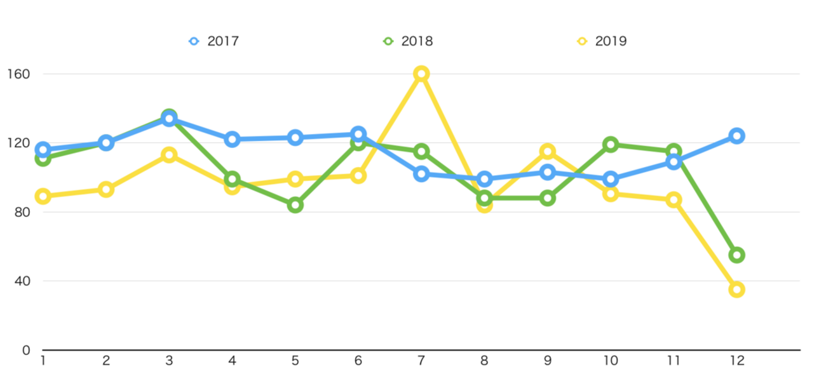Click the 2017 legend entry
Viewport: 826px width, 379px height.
pyautogui.click(x=214, y=41)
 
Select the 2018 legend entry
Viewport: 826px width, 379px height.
pyautogui.click(x=409, y=41)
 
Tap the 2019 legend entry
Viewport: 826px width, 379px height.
pyautogui.click(x=602, y=41)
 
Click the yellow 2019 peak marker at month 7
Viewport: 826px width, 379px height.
pyautogui.click(x=421, y=74)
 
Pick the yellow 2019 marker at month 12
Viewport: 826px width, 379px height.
pyautogui.click(x=737, y=289)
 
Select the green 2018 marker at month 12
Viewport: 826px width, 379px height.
pyautogui.click(x=737, y=255)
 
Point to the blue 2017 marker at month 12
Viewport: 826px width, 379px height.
pyautogui.click(x=737, y=136)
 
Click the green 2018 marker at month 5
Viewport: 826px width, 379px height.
pyautogui.click(x=295, y=205)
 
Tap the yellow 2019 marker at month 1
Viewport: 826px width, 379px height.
pyautogui.click(x=43, y=196)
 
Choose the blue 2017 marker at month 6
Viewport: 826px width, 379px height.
pyautogui.click(x=358, y=134)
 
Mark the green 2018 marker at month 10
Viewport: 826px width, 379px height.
pyautogui.click(x=611, y=144)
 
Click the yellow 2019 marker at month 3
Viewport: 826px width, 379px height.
pyautogui.click(x=169, y=155)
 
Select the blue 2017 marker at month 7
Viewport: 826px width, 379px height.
pyautogui.click(x=421, y=174)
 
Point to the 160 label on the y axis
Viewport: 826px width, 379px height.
pyautogui.click(x=18, y=74)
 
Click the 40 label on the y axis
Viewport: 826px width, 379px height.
pyautogui.click(x=22, y=281)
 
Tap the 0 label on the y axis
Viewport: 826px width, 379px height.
pyautogui.click(x=26, y=350)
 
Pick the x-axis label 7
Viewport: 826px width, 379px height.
pyautogui.click(x=421, y=361)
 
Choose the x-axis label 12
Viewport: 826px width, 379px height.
pyautogui.click(x=737, y=361)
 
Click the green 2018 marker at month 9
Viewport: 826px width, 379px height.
pyautogui.click(x=548, y=198)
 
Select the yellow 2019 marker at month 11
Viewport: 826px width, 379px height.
pyautogui.click(x=674, y=200)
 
